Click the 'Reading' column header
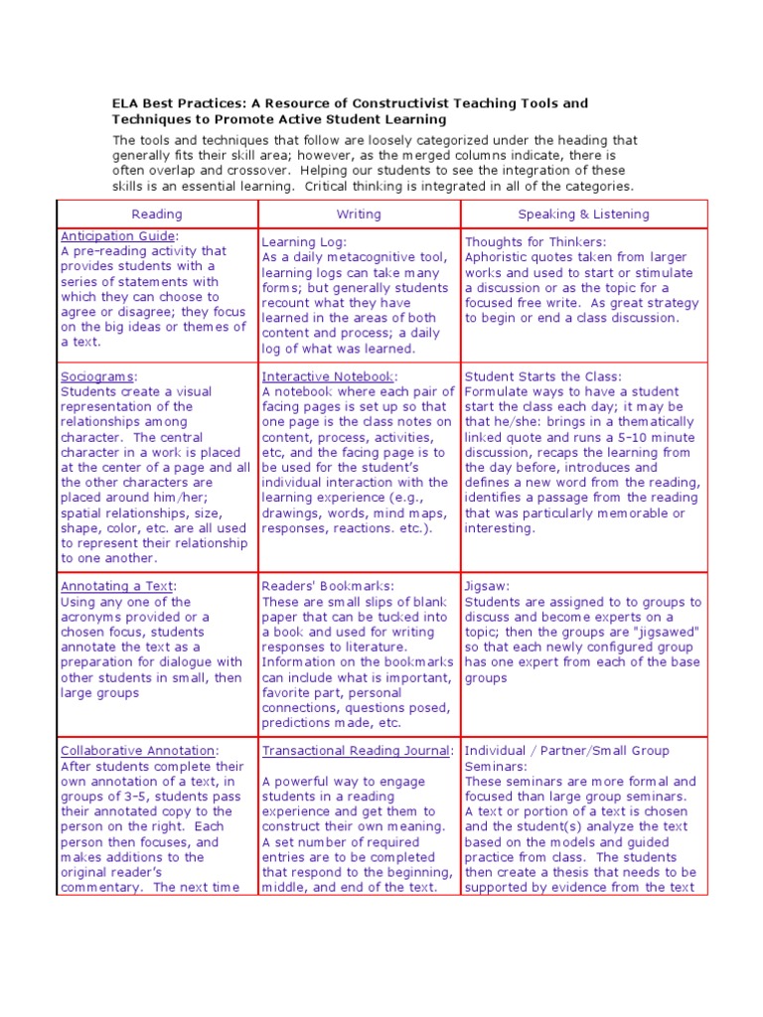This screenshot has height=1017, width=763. pos(157,214)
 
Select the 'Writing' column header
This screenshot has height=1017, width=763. pos(359,214)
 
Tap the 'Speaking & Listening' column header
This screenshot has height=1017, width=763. pos(583,214)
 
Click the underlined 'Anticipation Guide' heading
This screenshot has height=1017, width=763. pos(117,236)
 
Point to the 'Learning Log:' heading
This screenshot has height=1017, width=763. pos(304,242)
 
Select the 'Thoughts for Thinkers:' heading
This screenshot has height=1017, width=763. pos(535,242)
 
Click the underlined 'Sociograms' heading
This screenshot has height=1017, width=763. pos(97,377)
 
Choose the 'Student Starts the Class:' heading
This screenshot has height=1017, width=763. pos(543,377)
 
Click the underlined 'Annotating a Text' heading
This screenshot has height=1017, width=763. pos(117,586)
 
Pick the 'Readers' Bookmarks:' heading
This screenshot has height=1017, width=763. pos(328,586)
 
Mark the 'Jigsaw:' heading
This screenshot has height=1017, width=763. pos(486,586)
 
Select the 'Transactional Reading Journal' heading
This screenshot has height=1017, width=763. pos(357,751)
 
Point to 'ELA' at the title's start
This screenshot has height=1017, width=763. pos(124,103)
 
